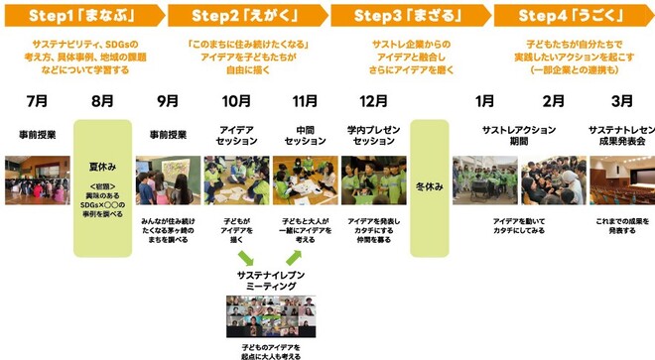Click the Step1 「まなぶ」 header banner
81,14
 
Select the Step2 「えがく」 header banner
243,14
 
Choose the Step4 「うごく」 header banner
570,14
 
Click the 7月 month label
37,101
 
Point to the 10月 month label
237,101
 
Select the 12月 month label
373,101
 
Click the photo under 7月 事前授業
37,180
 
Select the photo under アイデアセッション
237,180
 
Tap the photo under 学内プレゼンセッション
373,180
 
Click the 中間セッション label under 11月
305,135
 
